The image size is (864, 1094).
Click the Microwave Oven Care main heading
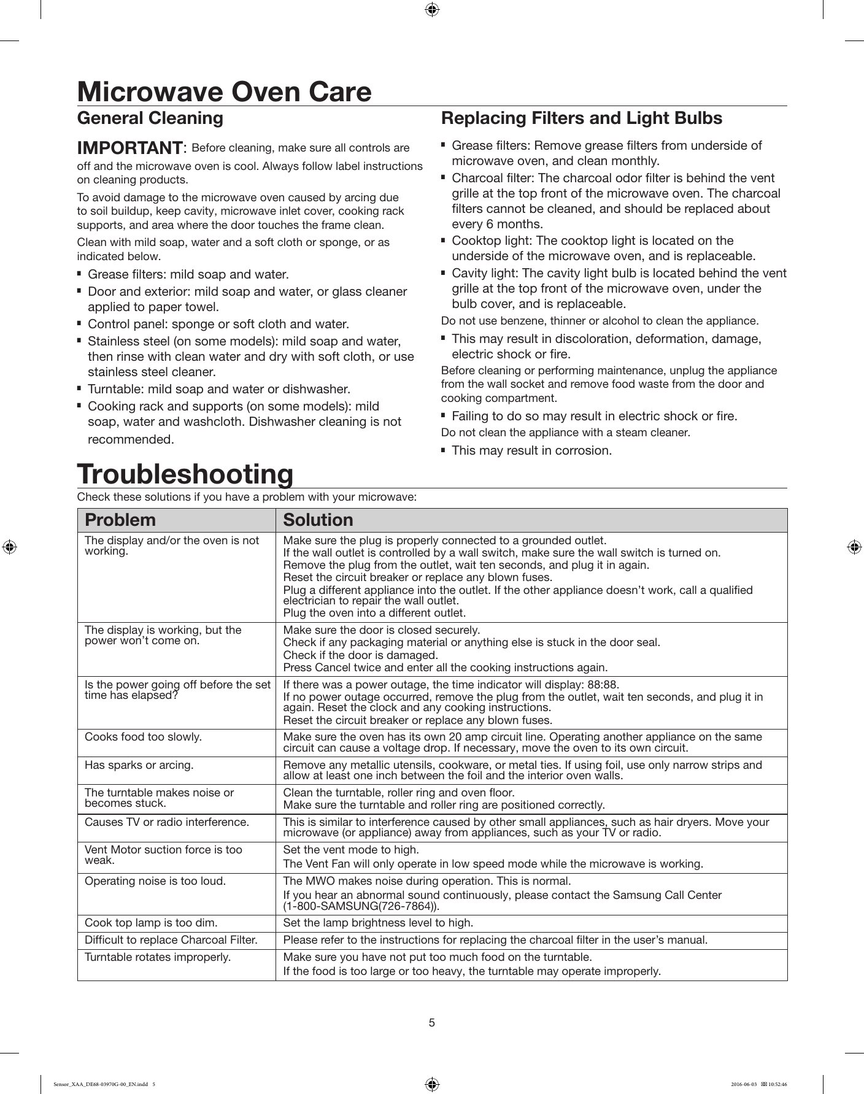tap(224, 92)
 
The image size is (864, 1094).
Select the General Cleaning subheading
tap(150, 118)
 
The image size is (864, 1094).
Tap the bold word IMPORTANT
tap(129, 148)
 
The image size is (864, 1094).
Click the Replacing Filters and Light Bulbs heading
tap(582, 118)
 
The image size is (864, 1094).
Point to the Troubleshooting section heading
tap(185, 474)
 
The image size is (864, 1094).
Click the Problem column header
tap(120, 520)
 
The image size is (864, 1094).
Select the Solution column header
tap(318, 520)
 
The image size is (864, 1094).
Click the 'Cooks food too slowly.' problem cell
tap(143, 737)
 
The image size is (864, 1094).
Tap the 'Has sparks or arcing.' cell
tap(139, 765)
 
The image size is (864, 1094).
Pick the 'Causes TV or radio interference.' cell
tap(166, 822)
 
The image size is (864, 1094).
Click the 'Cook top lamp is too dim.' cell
tap(151, 923)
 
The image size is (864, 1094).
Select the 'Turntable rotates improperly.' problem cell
tap(158, 957)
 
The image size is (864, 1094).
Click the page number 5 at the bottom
tap(432, 1022)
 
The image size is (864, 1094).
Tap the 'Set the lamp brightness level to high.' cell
tap(378, 923)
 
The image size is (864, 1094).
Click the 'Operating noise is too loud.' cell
tap(155, 881)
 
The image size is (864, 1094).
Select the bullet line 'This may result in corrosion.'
tap(531, 451)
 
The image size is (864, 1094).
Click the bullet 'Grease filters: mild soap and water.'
tap(188, 274)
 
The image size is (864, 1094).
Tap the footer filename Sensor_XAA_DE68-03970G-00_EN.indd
tap(100, 1084)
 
